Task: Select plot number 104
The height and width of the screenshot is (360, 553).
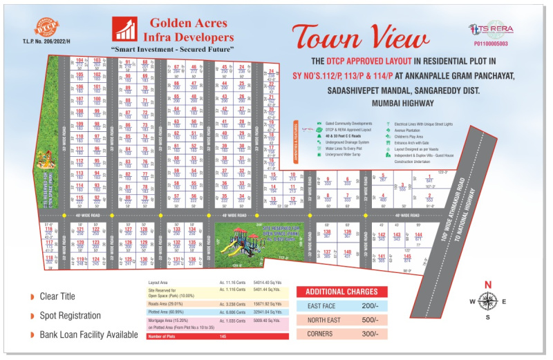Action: (80, 61)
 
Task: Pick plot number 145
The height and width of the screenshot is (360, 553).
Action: (408, 257)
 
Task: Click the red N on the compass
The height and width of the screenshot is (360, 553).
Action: (487, 285)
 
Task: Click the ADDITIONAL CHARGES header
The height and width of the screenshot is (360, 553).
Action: (341, 292)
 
